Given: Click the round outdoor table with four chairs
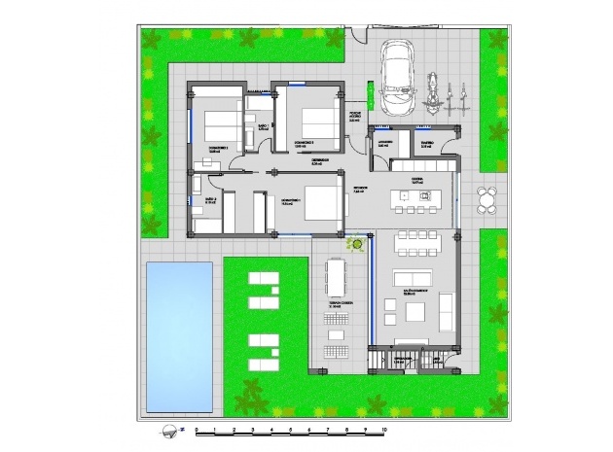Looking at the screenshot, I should point(487,201).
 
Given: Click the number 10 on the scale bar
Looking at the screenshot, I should point(385,428).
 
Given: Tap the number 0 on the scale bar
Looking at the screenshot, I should point(197,428).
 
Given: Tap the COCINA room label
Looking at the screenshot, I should point(415,180).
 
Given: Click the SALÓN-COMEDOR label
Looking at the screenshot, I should point(416,289).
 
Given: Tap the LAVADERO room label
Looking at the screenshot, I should point(385,144).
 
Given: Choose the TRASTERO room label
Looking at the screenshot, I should point(427,144).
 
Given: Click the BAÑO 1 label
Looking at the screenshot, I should point(263,128).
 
